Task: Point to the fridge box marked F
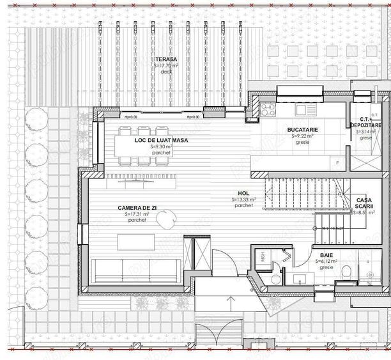coord(338,163)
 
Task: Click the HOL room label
coord(243,193)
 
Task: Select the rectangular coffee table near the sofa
coord(136,242)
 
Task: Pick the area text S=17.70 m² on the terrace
coord(167,65)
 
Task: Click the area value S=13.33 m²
coord(243,200)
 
